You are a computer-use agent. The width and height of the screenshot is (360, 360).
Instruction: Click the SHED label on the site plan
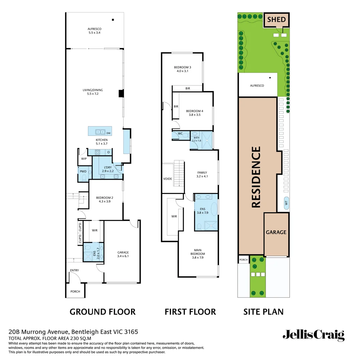(277, 20)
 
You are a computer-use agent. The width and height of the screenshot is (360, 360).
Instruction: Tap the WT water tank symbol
(286, 203)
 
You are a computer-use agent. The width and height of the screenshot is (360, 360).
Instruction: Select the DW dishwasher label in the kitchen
(108, 133)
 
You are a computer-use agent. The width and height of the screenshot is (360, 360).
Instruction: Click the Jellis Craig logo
(313, 335)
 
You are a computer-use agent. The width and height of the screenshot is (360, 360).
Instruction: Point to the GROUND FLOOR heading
(102, 312)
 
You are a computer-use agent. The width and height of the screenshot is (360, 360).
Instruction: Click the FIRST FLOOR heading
(190, 312)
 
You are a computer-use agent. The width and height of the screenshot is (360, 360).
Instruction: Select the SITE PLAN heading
(263, 312)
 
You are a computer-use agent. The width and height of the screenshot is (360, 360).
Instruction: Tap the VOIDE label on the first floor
(168, 179)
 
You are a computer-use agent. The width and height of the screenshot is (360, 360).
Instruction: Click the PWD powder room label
(83, 171)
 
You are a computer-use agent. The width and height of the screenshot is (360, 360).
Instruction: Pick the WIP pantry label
(84, 159)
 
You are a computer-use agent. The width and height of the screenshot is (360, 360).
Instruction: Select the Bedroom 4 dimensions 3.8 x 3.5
(194, 115)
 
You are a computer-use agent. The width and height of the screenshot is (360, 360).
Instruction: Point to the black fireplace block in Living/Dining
(121, 94)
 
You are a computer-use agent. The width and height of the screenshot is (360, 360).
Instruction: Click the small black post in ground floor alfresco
(113, 20)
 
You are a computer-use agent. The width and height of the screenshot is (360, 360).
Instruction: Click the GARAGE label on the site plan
(276, 232)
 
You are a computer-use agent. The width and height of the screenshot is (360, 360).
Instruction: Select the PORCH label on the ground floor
(75, 291)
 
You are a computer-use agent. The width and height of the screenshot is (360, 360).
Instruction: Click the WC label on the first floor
(180, 133)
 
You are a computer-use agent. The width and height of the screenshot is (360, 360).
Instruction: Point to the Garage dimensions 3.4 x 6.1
(123, 256)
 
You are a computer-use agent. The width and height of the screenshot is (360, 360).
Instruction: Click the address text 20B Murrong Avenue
(38, 332)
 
